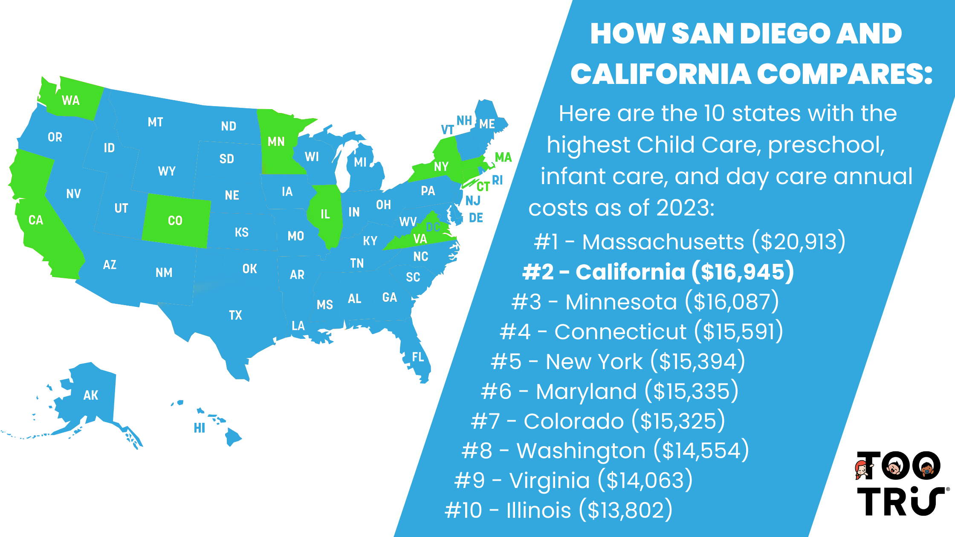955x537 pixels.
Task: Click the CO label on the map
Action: pyautogui.click(x=175, y=221)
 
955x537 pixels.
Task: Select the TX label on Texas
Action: pyautogui.click(x=235, y=315)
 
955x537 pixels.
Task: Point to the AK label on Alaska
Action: pyautogui.click(x=91, y=396)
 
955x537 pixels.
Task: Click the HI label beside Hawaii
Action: pyautogui.click(x=200, y=428)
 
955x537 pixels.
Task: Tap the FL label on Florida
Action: pyautogui.click(x=418, y=357)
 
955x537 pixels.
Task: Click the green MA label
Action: pyautogui.click(x=503, y=157)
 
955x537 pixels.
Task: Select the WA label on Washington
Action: pyautogui.click(x=71, y=101)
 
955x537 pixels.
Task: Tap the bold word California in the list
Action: pyautogui.click(x=630, y=272)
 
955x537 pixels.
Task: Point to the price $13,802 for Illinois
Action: pyautogui.click(x=625, y=510)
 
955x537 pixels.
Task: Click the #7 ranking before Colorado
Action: pyautogui.click(x=485, y=421)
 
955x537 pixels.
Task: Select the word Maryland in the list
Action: pyautogui.click(x=586, y=391)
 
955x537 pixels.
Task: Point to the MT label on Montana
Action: pyautogui.click(x=156, y=122)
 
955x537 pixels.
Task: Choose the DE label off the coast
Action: pyautogui.click(x=476, y=218)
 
